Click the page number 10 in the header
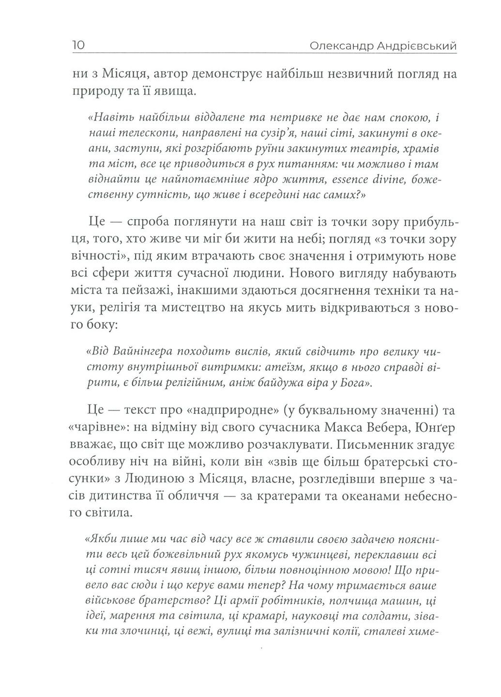(79, 46)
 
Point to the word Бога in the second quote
(356, 383)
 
